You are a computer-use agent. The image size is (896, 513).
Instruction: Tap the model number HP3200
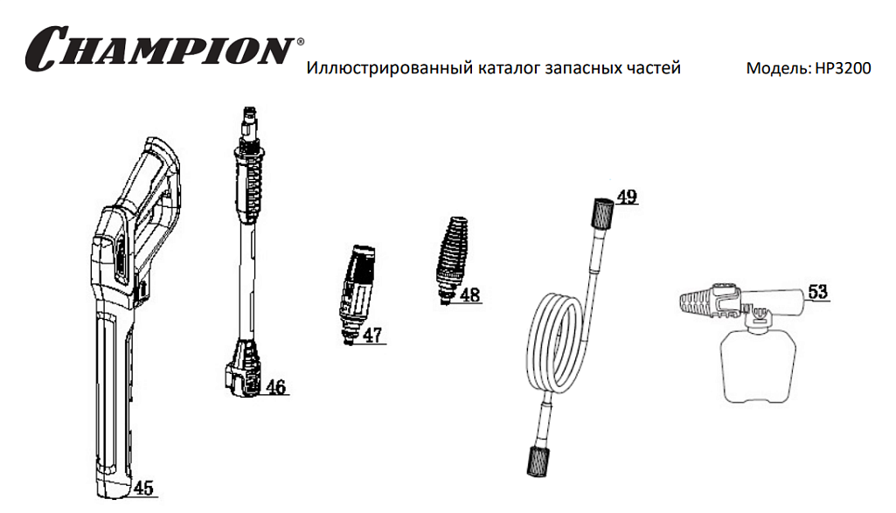coord(843,68)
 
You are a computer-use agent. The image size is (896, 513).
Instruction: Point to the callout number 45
coord(143,488)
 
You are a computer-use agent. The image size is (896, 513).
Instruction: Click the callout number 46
coord(275,387)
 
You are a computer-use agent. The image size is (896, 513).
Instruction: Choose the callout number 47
coord(372,335)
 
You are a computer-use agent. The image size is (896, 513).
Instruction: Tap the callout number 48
coord(469,295)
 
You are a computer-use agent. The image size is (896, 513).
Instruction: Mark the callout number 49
coord(627,197)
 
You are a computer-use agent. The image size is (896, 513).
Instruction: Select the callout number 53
coord(817,291)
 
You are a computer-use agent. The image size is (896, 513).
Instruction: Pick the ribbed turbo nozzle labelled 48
coord(452,260)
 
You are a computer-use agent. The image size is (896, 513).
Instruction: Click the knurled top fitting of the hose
coord(602,214)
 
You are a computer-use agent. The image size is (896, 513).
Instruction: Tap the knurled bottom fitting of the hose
coord(538,461)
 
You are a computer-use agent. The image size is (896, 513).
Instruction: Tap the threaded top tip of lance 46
coord(251,121)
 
